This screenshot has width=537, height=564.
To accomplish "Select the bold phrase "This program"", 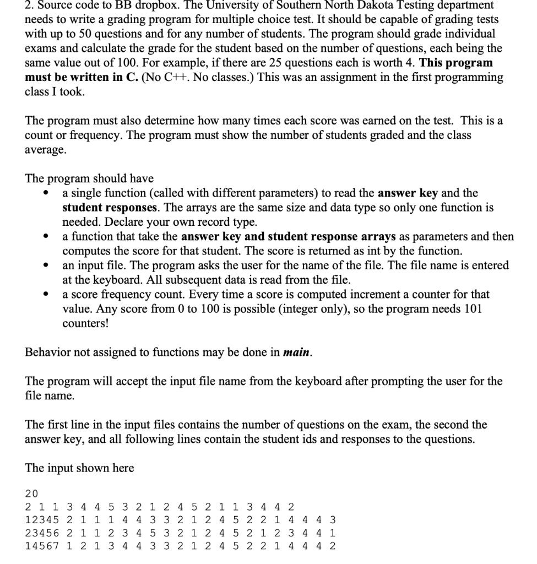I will [x=456, y=63].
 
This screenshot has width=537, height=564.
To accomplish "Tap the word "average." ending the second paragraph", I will [x=46, y=149].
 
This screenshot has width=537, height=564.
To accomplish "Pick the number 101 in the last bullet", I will [x=471, y=309].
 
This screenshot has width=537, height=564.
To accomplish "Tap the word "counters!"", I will [x=85, y=323].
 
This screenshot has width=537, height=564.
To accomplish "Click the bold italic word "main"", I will [x=296, y=352].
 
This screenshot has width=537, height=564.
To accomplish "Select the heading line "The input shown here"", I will [x=80, y=468].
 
